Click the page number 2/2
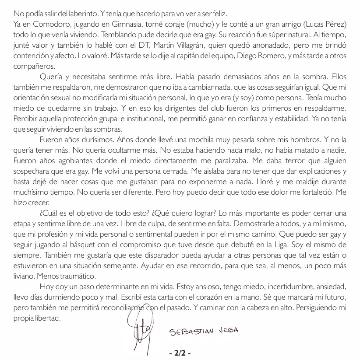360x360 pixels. tap(180, 353)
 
